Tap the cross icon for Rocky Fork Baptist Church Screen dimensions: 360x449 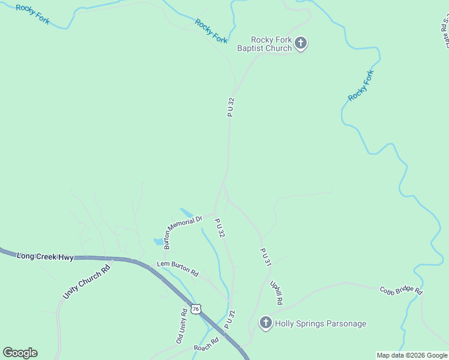pyautogui.click(x=301, y=43)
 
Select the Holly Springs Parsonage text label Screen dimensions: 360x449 pyautogui.click(x=320, y=323)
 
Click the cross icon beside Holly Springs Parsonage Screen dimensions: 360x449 pyautogui.click(x=265, y=323)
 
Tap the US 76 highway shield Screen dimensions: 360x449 pyautogui.click(x=195, y=308)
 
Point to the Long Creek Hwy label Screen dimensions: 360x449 pyautogui.click(x=45, y=257)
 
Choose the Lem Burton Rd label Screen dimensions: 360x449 pyautogui.click(x=177, y=268)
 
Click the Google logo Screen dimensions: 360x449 pyautogui.click(x=20, y=353)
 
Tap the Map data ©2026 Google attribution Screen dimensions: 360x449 pyautogui.click(x=412, y=355)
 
